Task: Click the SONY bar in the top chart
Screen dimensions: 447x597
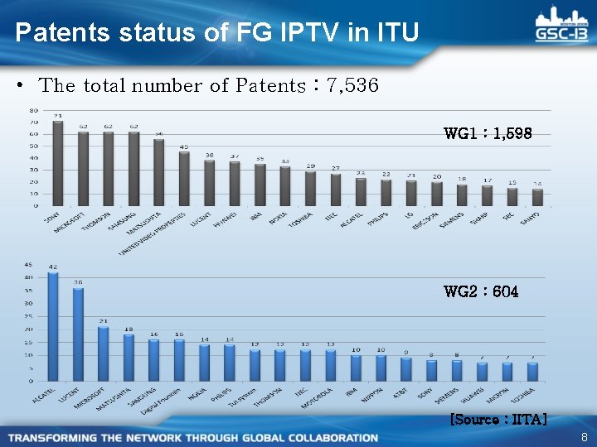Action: click(58, 163)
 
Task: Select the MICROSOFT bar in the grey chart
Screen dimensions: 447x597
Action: click(83, 168)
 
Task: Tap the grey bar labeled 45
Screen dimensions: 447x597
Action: click(184, 178)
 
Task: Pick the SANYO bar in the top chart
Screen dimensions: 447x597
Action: click(538, 197)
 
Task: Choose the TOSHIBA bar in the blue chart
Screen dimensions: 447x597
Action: click(532, 372)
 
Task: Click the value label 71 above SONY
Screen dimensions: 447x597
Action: click(58, 116)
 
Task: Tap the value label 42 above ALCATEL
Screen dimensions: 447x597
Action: click(53, 267)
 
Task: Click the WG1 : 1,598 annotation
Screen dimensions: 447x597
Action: click(488, 132)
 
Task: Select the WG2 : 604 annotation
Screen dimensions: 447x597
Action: click(481, 291)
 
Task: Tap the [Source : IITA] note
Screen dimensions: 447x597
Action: click(498, 420)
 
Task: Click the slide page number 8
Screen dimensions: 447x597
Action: click(584, 437)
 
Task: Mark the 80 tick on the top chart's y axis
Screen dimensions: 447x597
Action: click(33, 110)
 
